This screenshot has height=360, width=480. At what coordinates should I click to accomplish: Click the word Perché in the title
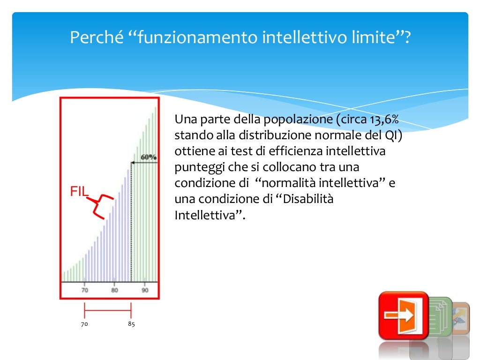96,37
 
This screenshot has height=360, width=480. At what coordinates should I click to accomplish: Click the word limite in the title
371,37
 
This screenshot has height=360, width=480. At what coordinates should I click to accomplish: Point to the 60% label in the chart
149,157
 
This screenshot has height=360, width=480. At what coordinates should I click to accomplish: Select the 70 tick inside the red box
84,291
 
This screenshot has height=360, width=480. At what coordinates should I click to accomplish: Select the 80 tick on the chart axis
114,291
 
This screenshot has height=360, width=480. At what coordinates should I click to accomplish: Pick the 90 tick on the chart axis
145,291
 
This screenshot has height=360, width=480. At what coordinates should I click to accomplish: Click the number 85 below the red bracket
131,324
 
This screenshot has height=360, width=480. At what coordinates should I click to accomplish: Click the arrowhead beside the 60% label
133,162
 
